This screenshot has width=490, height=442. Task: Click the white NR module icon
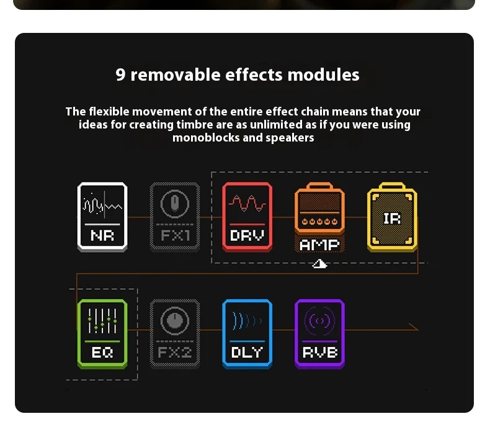pos(102,217)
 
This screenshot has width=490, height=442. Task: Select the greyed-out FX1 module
pos(175,217)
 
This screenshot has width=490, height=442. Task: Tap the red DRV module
pos(247,217)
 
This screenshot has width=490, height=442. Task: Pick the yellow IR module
pos(392,217)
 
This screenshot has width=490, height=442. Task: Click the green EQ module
pos(102,334)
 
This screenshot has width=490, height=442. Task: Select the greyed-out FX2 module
pos(175,334)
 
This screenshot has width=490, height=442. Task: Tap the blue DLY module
pos(247,334)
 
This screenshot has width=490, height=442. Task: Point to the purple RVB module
pos(319,334)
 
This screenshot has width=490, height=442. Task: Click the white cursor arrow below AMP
pos(319,264)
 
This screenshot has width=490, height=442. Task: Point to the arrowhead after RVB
pos(415,327)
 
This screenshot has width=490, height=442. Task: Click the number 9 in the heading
pos(120,74)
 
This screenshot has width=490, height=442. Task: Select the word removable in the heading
pos(176,74)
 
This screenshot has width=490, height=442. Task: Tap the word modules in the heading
pos(323,74)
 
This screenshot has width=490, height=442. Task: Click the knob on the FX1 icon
pos(175,204)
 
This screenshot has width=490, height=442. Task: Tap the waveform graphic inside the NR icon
pos(102,205)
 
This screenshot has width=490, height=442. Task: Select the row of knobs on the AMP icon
pos(319,222)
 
